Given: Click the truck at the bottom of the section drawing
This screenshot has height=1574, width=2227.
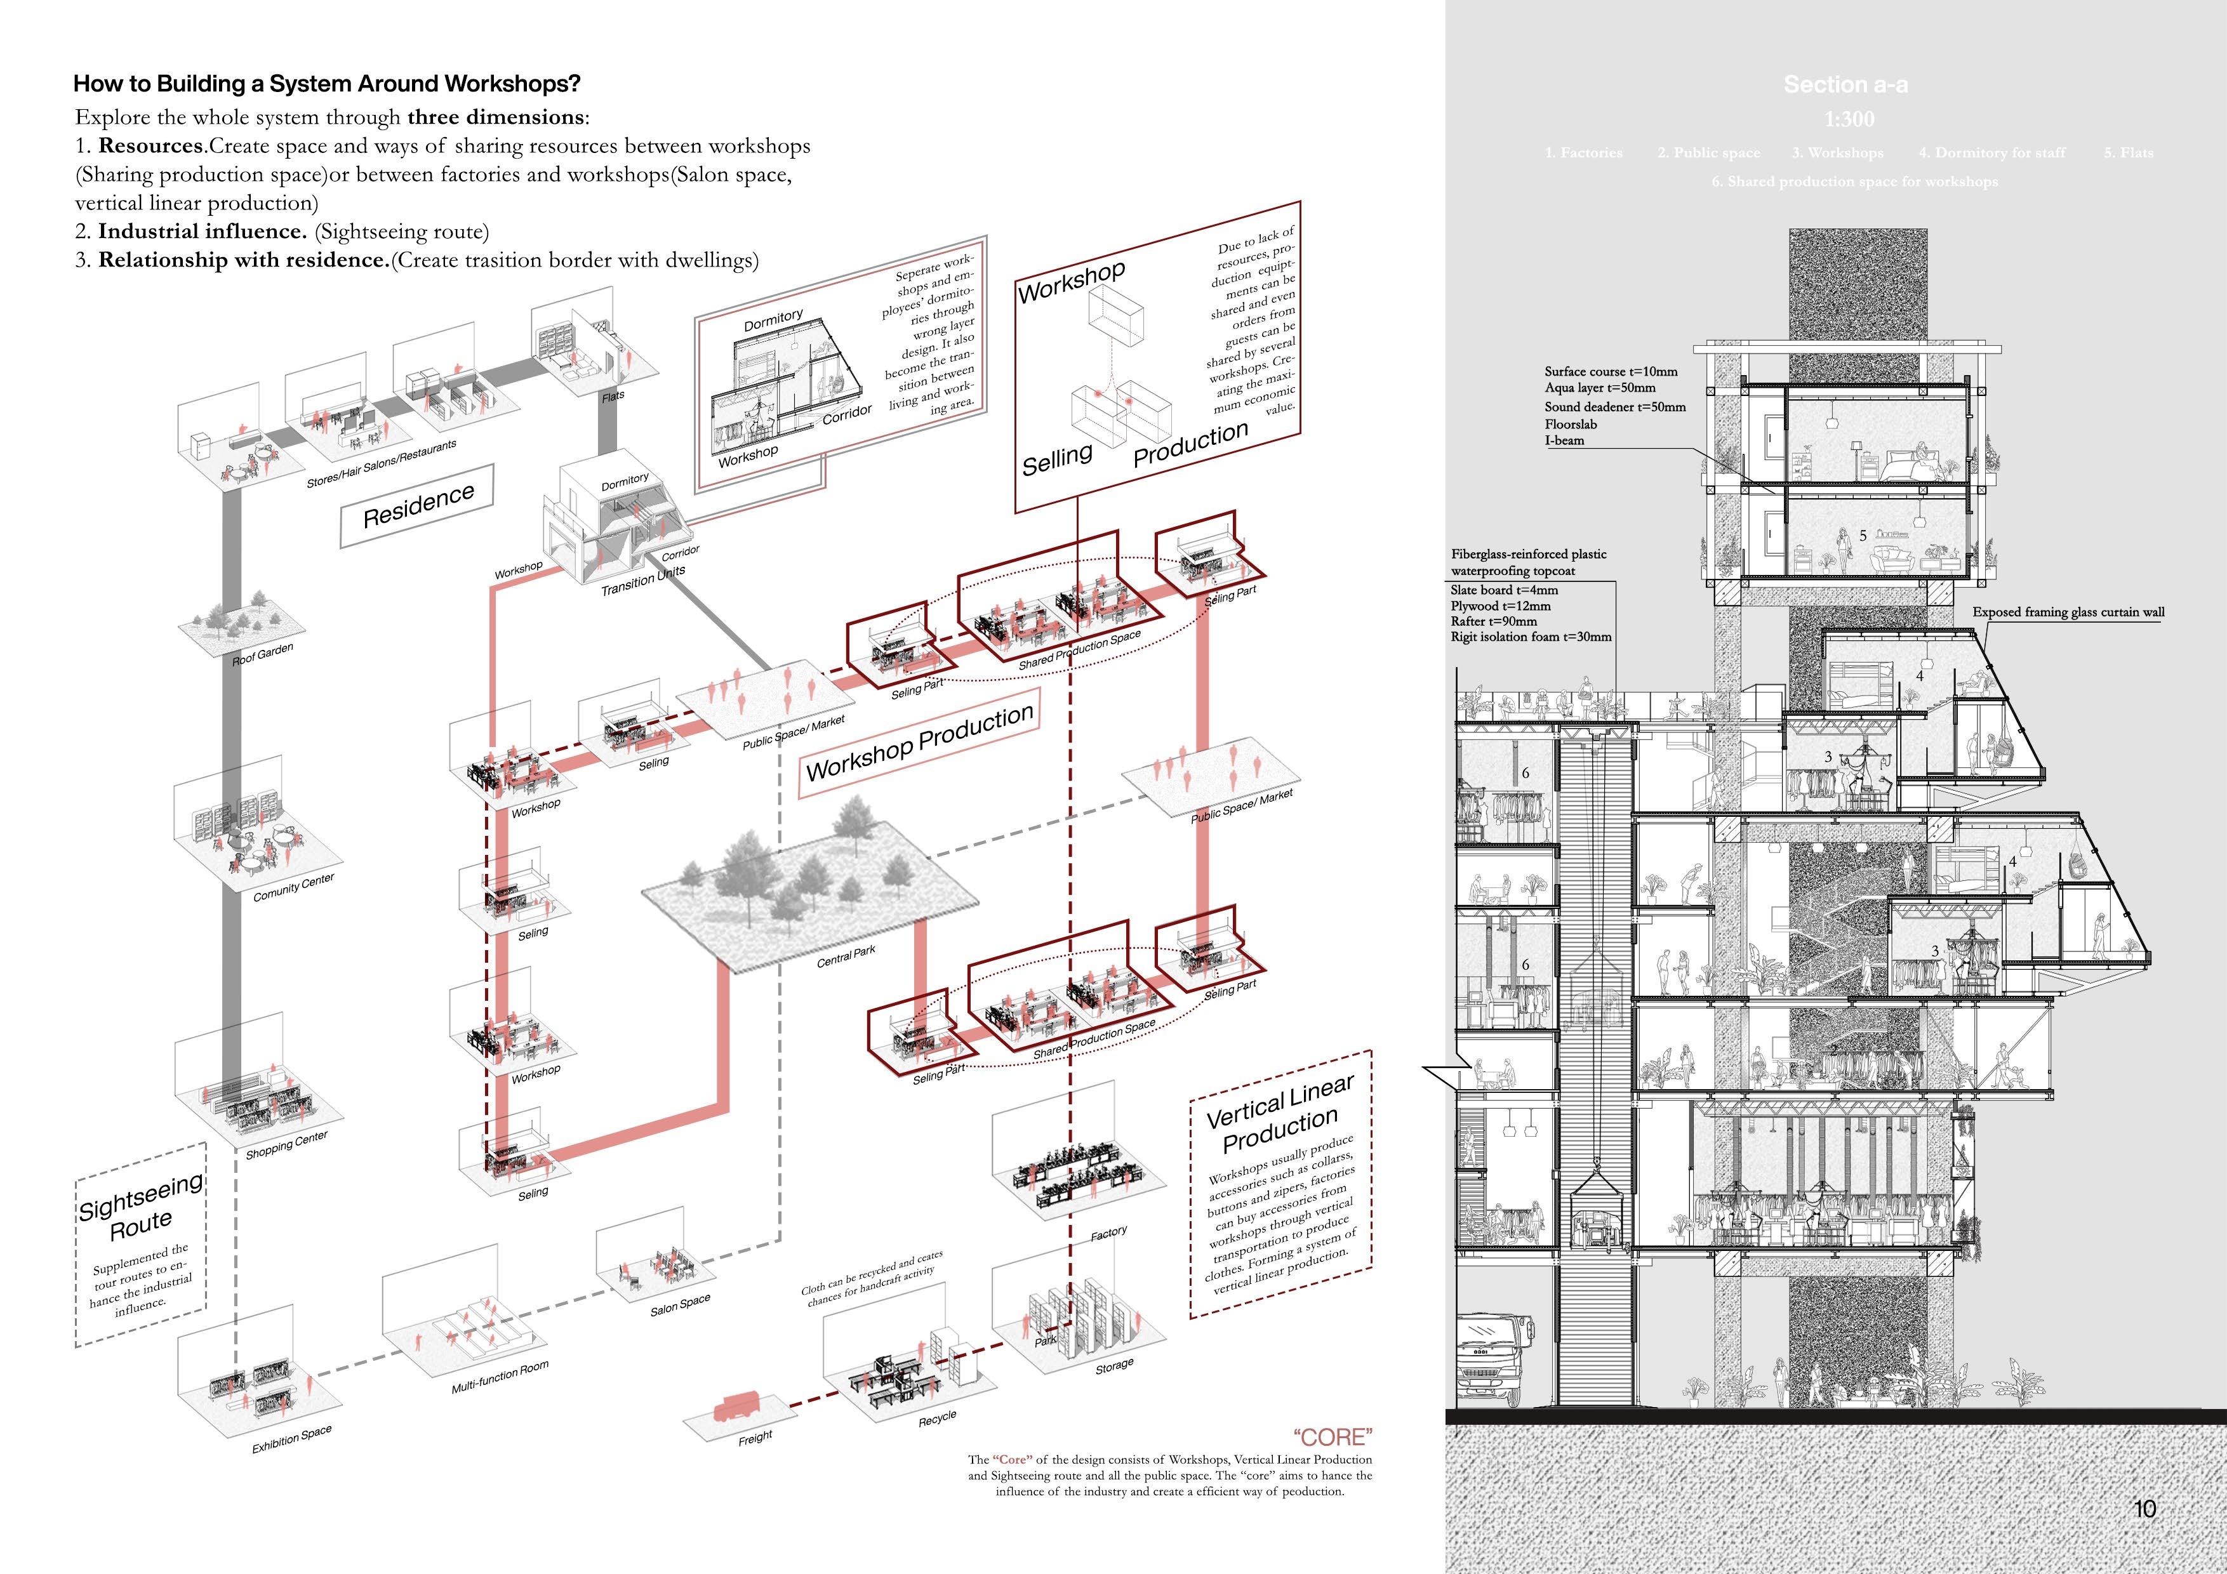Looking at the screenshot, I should [x=1492, y=1361].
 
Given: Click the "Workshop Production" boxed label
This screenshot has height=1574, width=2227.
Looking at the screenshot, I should [x=919, y=743].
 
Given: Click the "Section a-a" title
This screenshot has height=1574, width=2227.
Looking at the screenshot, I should [x=1845, y=85].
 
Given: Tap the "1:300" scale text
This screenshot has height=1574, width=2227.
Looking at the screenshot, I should [x=1849, y=119].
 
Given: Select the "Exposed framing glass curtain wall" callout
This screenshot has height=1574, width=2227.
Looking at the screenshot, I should [x=2068, y=612].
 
